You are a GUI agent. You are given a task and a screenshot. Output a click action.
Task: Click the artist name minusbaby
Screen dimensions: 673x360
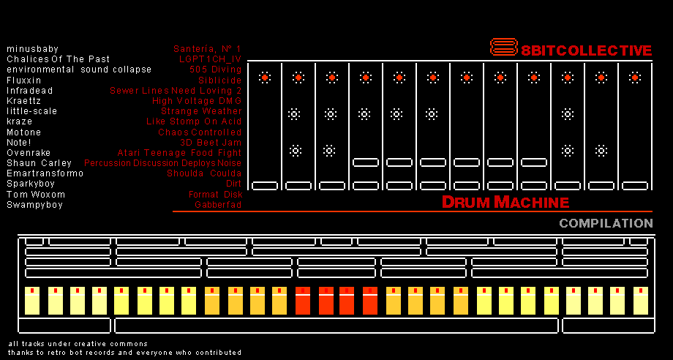click(x=33, y=49)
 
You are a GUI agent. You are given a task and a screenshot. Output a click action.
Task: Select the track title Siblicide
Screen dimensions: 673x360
click(x=219, y=80)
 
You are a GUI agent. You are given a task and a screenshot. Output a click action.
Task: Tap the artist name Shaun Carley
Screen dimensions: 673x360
click(x=39, y=163)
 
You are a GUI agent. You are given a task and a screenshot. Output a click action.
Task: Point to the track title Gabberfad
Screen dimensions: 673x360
click(x=218, y=205)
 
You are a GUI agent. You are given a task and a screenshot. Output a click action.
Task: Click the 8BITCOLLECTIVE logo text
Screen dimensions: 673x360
click(x=587, y=50)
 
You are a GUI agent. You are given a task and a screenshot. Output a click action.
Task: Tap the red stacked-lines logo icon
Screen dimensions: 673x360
click(x=504, y=47)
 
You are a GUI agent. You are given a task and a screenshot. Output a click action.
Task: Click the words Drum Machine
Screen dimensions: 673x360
click(x=505, y=202)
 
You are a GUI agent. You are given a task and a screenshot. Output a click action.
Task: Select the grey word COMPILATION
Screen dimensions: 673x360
click(x=606, y=223)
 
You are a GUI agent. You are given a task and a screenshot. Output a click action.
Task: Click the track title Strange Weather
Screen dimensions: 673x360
click(x=201, y=111)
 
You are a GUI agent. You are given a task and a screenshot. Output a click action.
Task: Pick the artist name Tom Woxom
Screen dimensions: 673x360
click(x=36, y=195)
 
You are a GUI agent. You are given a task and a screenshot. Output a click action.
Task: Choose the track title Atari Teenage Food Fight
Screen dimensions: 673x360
click(x=179, y=153)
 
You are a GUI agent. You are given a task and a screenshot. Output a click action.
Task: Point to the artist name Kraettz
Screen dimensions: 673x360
click(x=23, y=101)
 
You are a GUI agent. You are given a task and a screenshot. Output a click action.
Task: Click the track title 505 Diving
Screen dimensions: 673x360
click(x=216, y=70)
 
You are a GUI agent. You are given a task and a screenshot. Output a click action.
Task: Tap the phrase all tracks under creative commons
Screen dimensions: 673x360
click(x=78, y=344)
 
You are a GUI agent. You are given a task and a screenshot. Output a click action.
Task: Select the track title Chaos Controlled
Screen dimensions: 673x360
click(x=200, y=132)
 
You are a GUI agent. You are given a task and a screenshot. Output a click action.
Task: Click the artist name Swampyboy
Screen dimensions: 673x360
click(x=35, y=205)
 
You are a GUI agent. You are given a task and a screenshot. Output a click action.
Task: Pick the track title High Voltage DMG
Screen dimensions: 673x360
click(x=197, y=101)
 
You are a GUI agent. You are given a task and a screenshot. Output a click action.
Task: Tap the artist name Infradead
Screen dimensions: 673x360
click(x=29, y=91)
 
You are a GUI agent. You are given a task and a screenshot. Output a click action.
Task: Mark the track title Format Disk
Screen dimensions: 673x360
click(x=216, y=195)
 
